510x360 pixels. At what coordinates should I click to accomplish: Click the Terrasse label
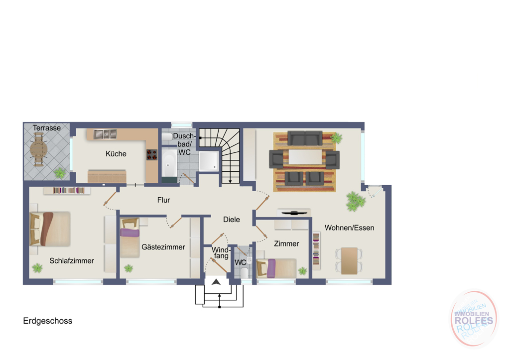coord(46,128)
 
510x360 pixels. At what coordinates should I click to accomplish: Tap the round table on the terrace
coord(39,150)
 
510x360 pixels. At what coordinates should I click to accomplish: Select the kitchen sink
coord(105,134)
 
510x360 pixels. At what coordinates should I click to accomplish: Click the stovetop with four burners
coord(151,155)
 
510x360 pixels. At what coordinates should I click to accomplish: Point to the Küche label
coord(116,154)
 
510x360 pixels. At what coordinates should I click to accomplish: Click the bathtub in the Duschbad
coord(169,163)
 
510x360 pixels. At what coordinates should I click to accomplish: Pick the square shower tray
coord(209,161)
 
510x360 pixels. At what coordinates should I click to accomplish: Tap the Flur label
coord(163,200)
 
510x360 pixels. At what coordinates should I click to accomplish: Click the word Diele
coord(232,220)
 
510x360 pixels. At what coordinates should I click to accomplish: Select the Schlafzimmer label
coord(72,260)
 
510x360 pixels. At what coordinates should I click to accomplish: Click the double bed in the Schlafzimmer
coord(50,229)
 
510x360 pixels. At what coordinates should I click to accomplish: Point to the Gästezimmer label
coord(163,247)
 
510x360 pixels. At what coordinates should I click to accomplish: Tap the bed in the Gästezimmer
coord(130,238)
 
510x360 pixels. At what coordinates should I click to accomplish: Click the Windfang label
coord(221,252)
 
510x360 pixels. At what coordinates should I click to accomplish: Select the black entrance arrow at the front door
coord(216,282)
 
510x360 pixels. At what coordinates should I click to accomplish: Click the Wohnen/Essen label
coord(349,228)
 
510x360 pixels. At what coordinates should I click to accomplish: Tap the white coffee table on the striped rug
coord(305,156)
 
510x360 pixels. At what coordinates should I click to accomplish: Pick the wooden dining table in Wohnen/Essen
coord(349,260)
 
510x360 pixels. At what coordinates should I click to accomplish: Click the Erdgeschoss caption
coord(47,321)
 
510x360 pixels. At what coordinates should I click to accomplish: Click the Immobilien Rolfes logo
coord(474,319)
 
